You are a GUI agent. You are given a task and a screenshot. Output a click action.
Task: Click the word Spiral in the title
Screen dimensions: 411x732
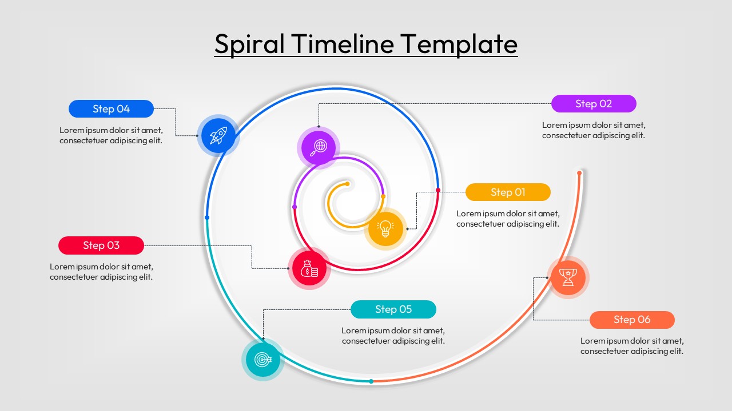click(x=249, y=44)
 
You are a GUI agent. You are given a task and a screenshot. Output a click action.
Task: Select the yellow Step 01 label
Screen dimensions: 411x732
click(x=508, y=192)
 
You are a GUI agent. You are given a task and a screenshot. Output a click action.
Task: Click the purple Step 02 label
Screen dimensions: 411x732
click(x=594, y=104)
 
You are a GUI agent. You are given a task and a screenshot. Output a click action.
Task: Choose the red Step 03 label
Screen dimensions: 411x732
click(x=101, y=245)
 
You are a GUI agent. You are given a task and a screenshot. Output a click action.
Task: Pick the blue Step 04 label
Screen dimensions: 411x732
click(x=111, y=109)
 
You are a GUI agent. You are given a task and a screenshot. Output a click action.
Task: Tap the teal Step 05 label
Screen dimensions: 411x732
click(x=393, y=309)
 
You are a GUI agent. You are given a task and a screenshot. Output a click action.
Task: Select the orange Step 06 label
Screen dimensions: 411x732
click(x=632, y=320)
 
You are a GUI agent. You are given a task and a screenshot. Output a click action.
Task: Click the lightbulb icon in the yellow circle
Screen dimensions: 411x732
click(x=385, y=229)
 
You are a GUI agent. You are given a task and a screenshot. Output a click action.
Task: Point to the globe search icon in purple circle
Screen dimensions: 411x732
click(x=318, y=147)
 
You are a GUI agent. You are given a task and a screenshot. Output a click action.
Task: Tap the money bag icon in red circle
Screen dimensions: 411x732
click(x=309, y=268)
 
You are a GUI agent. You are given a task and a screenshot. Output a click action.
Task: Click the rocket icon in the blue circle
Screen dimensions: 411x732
click(x=218, y=135)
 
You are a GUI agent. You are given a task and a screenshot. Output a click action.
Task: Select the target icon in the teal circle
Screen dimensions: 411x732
click(x=262, y=360)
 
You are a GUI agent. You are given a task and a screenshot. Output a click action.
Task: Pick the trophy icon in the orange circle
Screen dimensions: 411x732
click(x=568, y=277)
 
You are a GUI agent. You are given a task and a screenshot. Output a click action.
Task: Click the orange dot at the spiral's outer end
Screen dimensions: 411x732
click(x=579, y=173)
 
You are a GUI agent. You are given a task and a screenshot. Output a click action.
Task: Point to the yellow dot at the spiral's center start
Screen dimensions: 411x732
click(x=347, y=184)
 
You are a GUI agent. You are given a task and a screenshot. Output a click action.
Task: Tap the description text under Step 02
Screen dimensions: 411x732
click(x=594, y=130)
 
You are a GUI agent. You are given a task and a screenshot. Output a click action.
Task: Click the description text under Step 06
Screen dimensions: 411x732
click(x=632, y=346)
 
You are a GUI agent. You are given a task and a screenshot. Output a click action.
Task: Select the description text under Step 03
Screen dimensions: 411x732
click(x=101, y=272)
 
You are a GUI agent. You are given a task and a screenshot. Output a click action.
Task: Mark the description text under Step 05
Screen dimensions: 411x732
click(x=393, y=336)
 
